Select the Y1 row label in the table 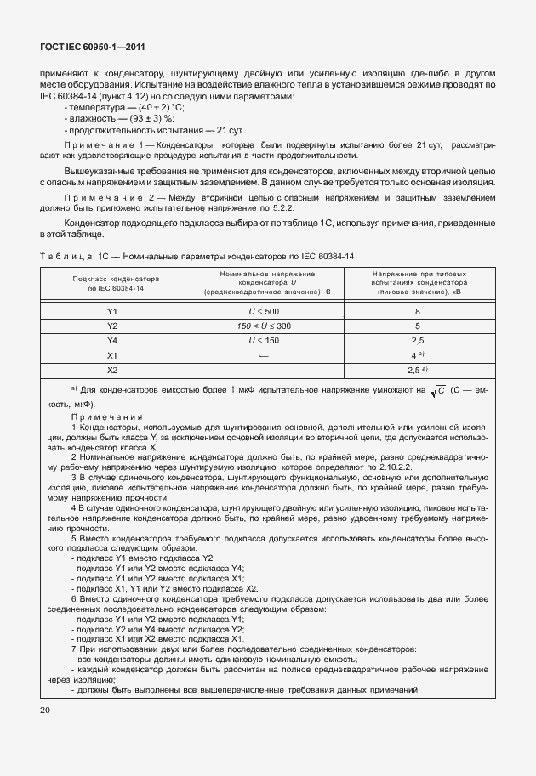(x=111, y=311)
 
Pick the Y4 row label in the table (x=111, y=340)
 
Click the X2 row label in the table (x=111, y=370)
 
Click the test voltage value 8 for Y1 (x=417, y=311)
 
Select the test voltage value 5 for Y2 (x=417, y=326)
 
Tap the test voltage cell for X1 (x=417, y=355)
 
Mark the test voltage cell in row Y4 (x=417, y=340)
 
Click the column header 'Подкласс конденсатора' (x=111, y=278)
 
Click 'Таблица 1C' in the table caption (x=71, y=255)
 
